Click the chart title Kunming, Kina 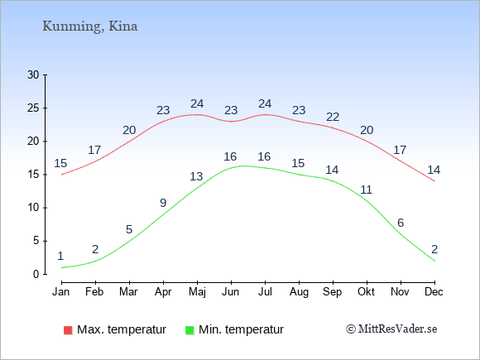point(90,26)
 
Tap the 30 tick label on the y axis point(33,74)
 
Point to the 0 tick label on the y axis point(36,274)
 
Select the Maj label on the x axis point(197,292)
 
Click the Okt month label point(366,291)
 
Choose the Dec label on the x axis point(434,291)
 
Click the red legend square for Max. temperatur point(68,330)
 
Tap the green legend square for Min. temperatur point(190,330)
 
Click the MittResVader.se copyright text point(391,329)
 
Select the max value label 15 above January point(60,164)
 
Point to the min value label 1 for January point(60,256)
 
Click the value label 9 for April point(163,203)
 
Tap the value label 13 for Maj point(196,176)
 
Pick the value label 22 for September point(333,117)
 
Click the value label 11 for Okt point(366,190)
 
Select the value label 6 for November point(401,223)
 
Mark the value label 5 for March point(129,229)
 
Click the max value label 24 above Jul point(265,103)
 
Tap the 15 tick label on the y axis point(33,175)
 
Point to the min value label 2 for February point(95,249)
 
